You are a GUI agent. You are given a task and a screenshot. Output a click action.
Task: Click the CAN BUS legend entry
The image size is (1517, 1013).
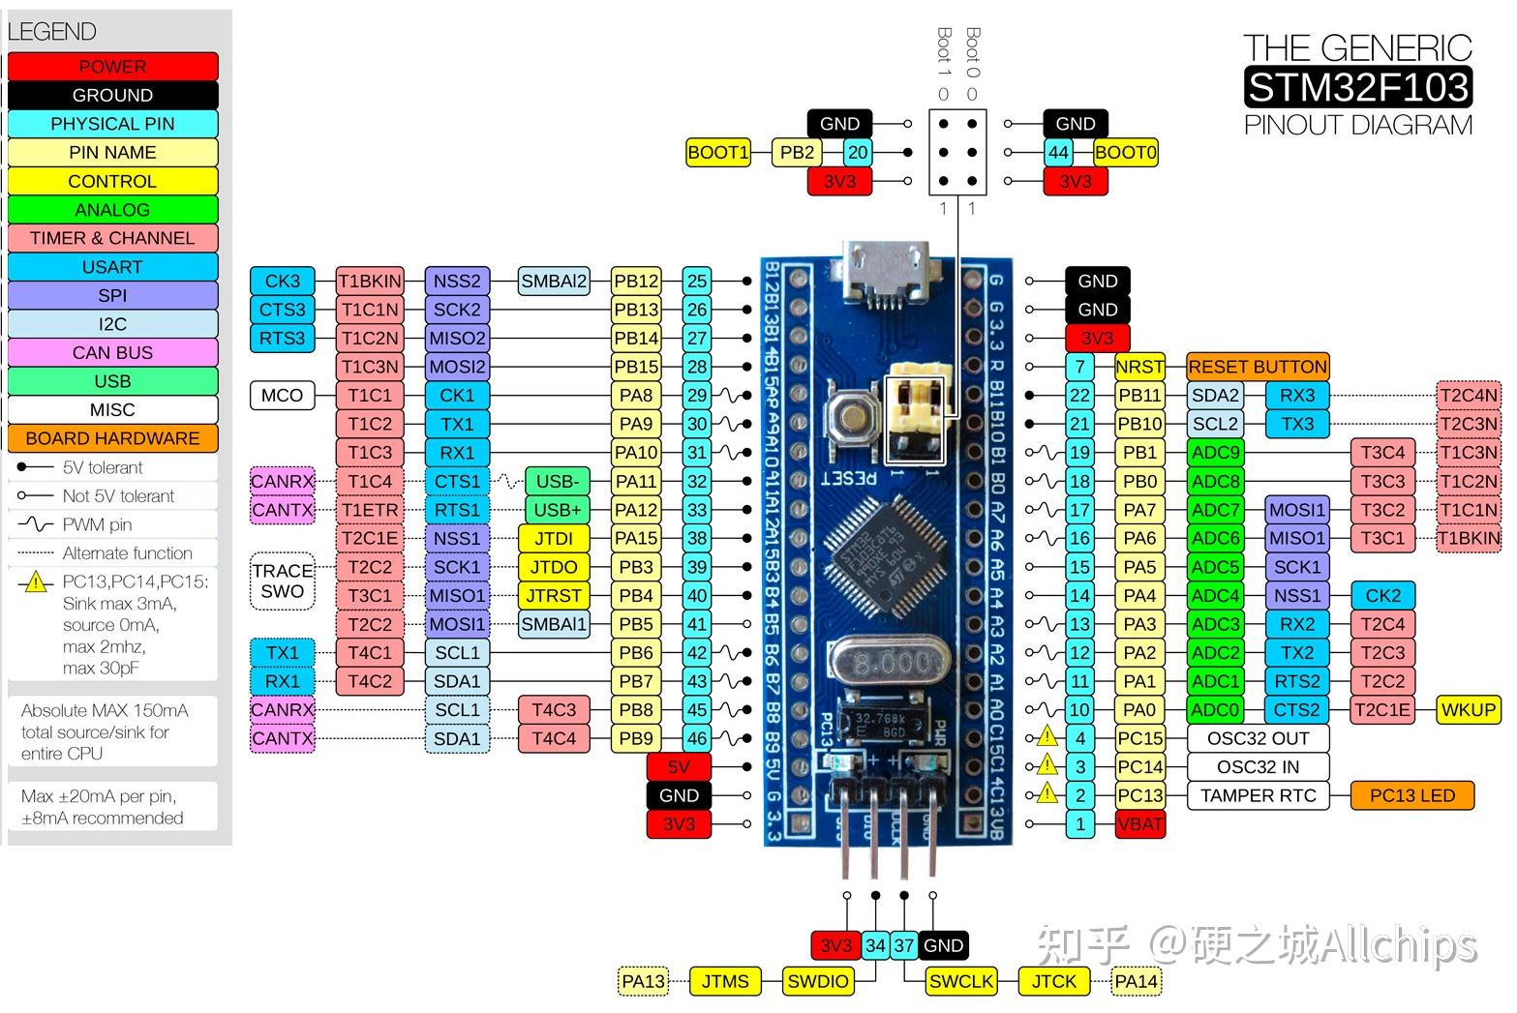112,352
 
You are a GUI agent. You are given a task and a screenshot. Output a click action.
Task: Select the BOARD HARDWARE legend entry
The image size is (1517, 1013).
112,438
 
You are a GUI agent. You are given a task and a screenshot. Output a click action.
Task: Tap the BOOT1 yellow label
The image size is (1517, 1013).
717,153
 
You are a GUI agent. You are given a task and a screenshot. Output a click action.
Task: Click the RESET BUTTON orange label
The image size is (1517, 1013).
1257,367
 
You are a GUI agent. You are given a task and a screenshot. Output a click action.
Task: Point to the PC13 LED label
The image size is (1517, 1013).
1411,795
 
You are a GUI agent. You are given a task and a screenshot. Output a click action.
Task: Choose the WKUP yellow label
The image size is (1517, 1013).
1468,709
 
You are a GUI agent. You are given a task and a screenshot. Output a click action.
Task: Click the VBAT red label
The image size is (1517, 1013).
1139,824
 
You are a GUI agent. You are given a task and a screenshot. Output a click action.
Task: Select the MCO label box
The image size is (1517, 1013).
282,396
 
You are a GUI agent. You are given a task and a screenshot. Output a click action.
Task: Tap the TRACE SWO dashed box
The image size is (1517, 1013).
283,581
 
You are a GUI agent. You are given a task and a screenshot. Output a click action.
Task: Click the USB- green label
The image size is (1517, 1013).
557,481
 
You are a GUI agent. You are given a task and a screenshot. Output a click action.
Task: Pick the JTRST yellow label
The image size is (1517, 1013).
553,595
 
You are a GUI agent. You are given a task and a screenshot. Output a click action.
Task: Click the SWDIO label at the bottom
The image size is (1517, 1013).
817,981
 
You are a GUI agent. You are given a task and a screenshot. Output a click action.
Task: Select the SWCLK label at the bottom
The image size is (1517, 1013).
960,981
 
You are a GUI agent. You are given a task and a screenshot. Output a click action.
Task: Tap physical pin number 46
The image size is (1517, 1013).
697,738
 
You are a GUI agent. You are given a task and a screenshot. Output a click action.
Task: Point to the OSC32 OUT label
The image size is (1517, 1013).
1258,738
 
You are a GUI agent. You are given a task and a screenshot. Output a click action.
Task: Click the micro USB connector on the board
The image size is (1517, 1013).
885,276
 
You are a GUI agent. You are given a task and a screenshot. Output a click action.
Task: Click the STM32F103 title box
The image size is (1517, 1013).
1357,87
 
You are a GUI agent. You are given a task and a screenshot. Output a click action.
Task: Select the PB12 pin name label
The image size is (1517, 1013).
636,282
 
